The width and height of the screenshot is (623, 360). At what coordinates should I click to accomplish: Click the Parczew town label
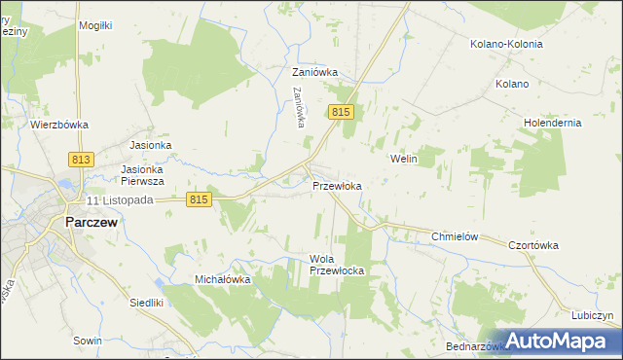[x=92, y=222]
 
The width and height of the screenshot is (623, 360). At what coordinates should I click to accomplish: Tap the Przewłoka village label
[x=337, y=186]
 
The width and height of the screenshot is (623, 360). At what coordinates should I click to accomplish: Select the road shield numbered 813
[x=81, y=159]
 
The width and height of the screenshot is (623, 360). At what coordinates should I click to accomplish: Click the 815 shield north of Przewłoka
[x=340, y=114]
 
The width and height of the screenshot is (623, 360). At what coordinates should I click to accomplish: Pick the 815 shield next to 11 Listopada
[x=199, y=198]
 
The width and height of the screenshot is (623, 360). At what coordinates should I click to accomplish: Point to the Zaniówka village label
[x=314, y=72]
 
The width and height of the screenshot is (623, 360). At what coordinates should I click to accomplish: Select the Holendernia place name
[x=552, y=124]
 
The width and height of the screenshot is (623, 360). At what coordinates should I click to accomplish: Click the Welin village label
[x=403, y=159]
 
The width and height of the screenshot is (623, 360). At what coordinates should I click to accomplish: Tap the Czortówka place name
[x=533, y=245]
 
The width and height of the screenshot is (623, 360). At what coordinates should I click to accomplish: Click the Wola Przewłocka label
[x=336, y=265]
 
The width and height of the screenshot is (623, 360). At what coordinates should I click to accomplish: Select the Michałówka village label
[x=223, y=279]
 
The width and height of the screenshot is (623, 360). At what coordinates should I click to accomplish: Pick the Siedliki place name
[x=147, y=303]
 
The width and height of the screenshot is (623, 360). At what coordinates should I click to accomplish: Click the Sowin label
[x=88, y=341]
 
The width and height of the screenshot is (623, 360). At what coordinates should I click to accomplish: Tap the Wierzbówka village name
[x=59, y=125]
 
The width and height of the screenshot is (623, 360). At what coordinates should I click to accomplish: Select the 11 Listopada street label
[x=121, y=199]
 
